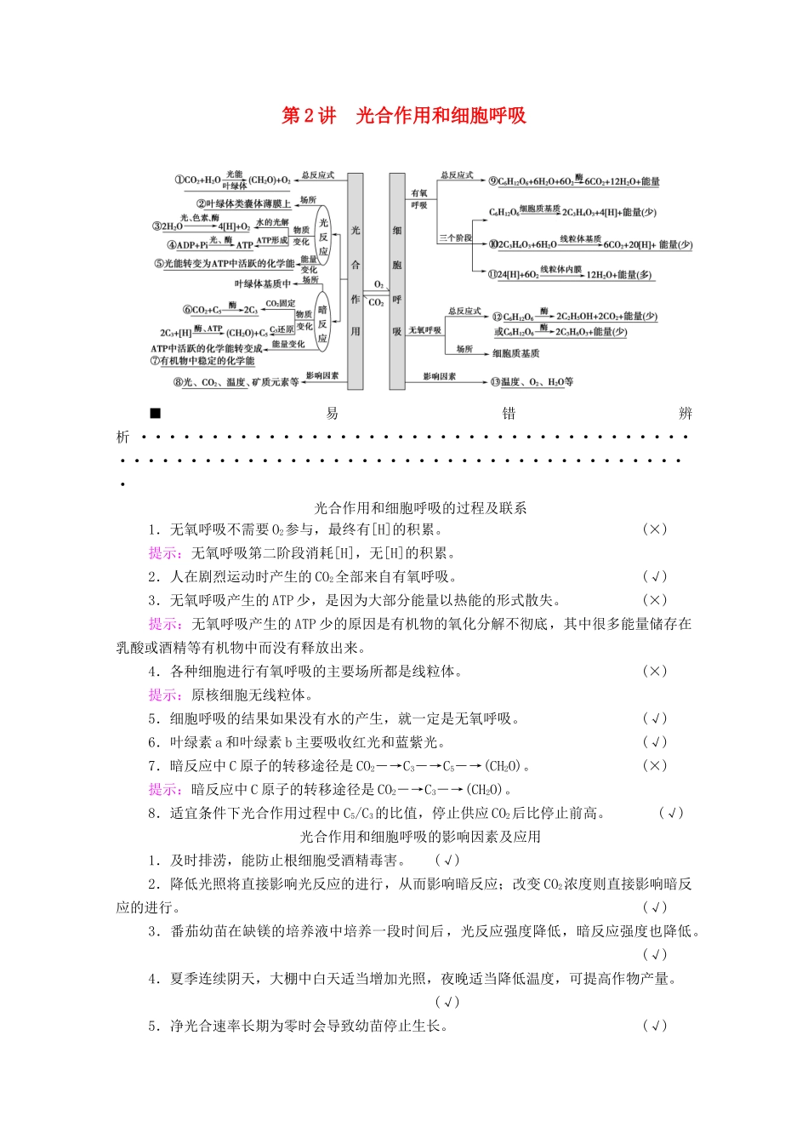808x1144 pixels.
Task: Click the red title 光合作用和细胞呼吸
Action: [x=404, y=116]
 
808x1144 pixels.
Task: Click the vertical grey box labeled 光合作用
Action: [x=355, y=281]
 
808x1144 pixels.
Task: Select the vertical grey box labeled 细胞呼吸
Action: [x=396, y=281]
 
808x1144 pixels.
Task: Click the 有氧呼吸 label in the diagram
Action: [x=419, y=199]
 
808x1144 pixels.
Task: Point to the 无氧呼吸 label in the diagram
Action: [x=424, y=330]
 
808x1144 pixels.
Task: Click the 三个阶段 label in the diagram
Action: [x=455, y=238]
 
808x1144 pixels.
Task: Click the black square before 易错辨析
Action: [x=155, y=414]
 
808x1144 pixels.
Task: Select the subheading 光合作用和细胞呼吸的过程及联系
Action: [x=420, y=508]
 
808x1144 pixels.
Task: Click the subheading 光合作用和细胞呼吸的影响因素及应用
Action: [x=420, y=837]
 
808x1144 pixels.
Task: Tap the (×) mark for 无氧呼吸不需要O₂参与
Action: [x=654, y=529]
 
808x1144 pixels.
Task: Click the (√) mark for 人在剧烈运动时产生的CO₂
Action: [x=654, y=577]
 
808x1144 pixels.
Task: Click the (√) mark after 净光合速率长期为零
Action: [x=654, y=1026]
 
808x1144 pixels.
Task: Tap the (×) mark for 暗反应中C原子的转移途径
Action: [x=654, y=766]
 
